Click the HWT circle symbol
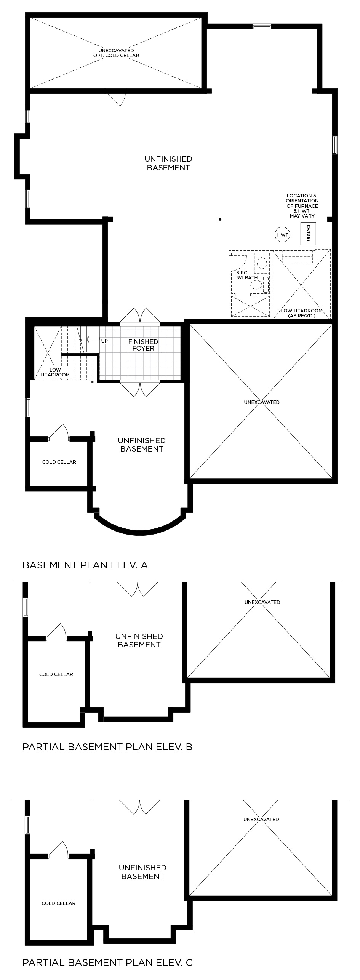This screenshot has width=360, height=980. click(x=283, y=235)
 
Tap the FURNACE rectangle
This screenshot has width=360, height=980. click(x=309, y=233)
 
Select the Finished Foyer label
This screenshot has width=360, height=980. click(x=143, y=345)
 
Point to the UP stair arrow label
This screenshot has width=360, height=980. click(x=104, y=340)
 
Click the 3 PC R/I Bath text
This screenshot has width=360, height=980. click(x=247, y=275)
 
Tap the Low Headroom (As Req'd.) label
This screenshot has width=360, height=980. click(x=302, y=313)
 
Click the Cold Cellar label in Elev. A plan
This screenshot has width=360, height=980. click(x=59, y=462)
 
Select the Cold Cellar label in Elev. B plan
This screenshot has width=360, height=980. click(x=56, y=674)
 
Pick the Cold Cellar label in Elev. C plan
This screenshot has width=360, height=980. click(x=58, y=903)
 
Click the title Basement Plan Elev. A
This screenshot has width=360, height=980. click(x=85, y=565)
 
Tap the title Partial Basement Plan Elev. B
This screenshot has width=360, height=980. click(x=107, y=746)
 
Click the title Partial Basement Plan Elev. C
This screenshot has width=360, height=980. click(x=107, y=962)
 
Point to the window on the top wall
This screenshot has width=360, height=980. click(x=262, y=26)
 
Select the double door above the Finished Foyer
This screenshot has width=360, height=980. click(x=140, y=316)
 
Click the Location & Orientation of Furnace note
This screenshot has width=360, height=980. click(x=302, y=206)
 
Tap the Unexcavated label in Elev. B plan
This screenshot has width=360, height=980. click(x=262, y=602)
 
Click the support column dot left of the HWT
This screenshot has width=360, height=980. click(x=220, y=219)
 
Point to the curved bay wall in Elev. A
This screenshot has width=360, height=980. click(x=140, y=531)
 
